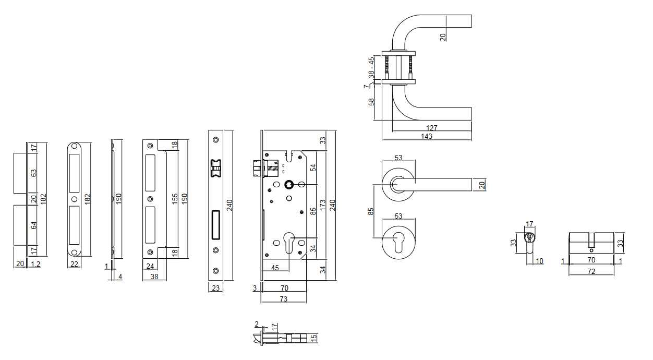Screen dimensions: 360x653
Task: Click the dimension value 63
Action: coord(34,173)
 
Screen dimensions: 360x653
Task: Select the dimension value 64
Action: coord(34,225)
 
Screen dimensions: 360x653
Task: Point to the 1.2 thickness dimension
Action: coord(35,264)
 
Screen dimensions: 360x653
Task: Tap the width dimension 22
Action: coord(74,264)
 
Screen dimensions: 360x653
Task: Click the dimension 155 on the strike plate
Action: coord(176,198)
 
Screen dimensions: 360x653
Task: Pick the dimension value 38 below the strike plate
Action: coord(154,277)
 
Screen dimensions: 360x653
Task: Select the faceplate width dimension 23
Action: coord(215,287)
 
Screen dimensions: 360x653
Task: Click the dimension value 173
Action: coord(323,205)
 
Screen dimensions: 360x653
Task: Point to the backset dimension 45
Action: coord(274,268)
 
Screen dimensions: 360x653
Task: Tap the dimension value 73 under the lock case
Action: coord(284,299)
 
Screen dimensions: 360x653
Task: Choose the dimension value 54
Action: coord(313,167)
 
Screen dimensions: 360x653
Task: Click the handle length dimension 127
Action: coord(431,128)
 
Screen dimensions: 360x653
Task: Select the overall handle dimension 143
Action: coord(427,137)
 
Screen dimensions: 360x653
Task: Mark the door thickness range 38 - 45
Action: coord(371,68)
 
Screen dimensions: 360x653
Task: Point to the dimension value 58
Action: coord(371,101)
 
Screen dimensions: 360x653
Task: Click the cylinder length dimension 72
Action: coord(591,271)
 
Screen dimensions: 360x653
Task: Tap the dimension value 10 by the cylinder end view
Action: coord(539,261)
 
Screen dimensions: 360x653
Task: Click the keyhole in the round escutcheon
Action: coord(399,242)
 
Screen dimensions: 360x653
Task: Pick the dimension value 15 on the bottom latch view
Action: coord(313,338)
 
